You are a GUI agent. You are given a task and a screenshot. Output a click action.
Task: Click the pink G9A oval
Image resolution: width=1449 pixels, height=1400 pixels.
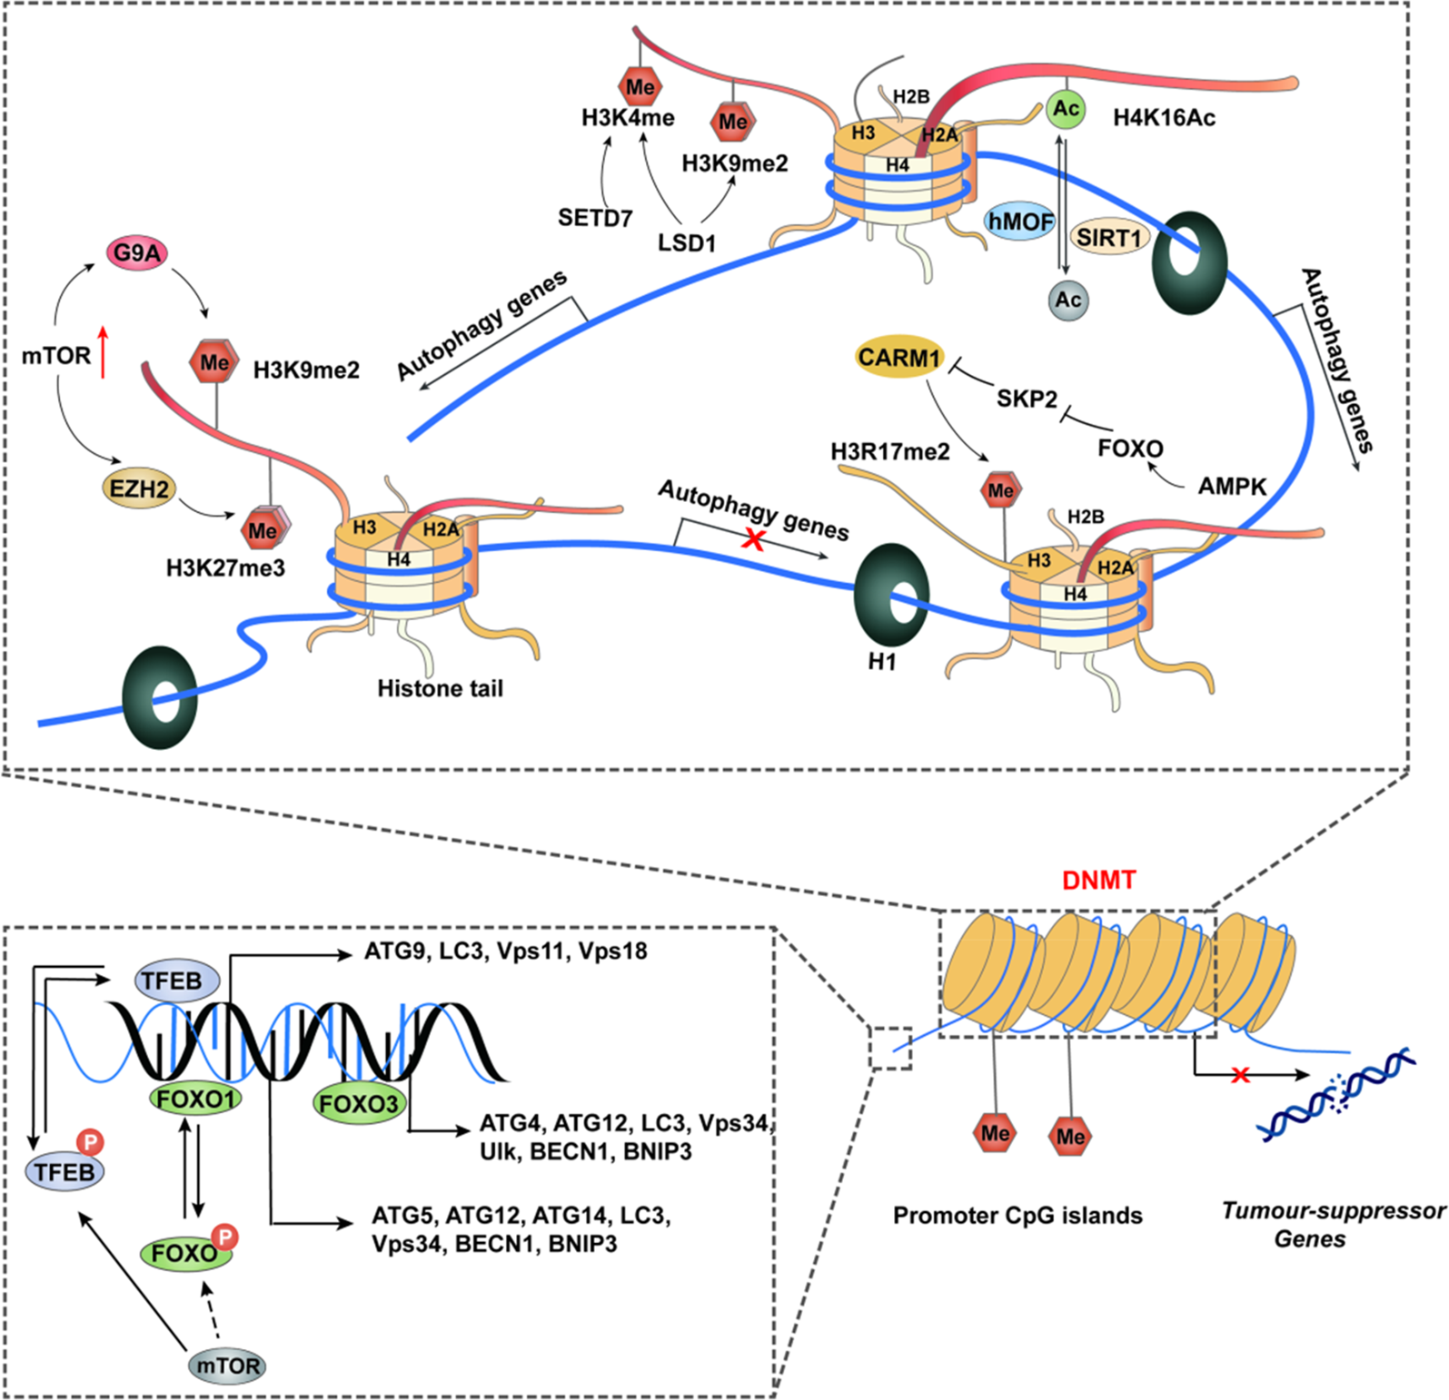tap(137, 253)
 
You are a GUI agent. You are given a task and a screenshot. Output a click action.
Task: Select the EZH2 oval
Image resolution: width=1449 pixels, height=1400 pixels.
tap(139, 489)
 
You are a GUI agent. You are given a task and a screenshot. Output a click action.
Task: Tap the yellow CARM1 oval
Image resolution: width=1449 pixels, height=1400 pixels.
tap(898, 358)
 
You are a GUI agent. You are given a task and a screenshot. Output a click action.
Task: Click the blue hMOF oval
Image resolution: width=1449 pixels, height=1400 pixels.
tap(1020, 222)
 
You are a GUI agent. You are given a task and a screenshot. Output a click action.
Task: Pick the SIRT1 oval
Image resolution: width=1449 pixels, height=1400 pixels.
tap(1108, 238)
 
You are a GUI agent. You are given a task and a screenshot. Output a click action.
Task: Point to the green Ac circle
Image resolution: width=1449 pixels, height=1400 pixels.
tap(1067, 110)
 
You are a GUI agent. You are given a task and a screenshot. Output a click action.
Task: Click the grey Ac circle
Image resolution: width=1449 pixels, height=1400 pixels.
tap(1067, 300)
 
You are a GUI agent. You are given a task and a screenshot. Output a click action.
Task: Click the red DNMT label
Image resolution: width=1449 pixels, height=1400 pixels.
tap(1099, 880)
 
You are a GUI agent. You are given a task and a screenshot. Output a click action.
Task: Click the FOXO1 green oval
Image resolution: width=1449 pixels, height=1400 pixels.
tap(195, 1099)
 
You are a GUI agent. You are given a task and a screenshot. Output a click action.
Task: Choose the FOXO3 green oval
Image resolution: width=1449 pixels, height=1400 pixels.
tap(359, 1104)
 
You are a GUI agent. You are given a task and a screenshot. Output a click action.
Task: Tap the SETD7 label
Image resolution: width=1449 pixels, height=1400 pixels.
tap(595, 218)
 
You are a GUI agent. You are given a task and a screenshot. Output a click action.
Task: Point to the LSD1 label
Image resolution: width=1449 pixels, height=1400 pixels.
tap(687, 243)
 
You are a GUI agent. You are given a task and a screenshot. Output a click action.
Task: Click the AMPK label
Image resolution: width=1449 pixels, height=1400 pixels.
tap(1232, 487)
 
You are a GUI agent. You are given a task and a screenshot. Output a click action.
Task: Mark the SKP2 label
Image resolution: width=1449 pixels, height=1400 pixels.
tap(1027, 399)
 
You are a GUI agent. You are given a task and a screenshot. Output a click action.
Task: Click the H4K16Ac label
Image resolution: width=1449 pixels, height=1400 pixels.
tap(1164, 118)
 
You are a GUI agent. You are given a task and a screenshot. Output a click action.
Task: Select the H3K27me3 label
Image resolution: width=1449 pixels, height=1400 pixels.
tap(225, 568)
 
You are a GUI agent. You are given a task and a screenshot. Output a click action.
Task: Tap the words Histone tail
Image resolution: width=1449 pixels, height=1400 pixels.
tap(440, 689)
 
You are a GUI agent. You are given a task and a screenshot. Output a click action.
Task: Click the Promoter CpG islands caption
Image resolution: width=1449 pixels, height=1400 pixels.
tap(1017, 1216)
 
